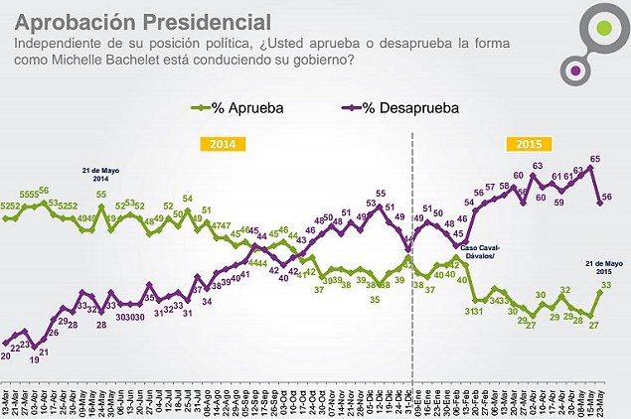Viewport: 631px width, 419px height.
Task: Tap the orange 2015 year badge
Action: coord(529,143)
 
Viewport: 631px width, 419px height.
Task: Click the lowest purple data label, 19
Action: coord(34,360)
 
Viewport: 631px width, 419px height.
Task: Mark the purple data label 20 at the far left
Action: coord(6,354)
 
